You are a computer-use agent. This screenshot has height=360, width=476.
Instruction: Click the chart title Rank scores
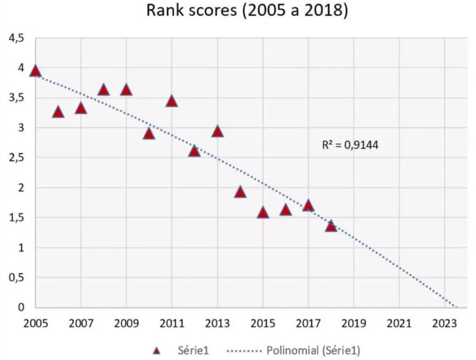[x=247, y=11]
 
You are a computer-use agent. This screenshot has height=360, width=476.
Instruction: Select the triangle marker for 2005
[x=36, y=71]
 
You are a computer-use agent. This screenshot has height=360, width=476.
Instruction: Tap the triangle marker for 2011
[x=171, y=101]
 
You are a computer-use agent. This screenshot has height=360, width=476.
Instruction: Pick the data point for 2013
[x=217, y=131]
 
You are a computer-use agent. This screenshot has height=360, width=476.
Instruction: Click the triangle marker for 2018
[x=331, y=226]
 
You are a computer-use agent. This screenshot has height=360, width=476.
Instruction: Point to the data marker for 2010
[x=149, y=133]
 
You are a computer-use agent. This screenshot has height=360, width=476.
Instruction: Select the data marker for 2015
[x=263, y=212]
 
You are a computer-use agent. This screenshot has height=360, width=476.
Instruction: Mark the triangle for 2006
[x=58, y=112]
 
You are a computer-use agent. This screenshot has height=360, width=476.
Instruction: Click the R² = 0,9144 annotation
[x=350, y=146]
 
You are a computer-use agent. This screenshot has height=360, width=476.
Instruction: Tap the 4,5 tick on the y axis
[x=16, y=40]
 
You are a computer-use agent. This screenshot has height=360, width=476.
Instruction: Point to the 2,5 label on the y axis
[x=16, y=158]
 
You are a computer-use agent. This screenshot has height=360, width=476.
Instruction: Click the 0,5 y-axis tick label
[x=16, y=278]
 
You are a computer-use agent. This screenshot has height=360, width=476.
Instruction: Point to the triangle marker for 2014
[x=240, y=192]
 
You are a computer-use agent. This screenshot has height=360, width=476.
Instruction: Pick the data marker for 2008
[x=104, y=90]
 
